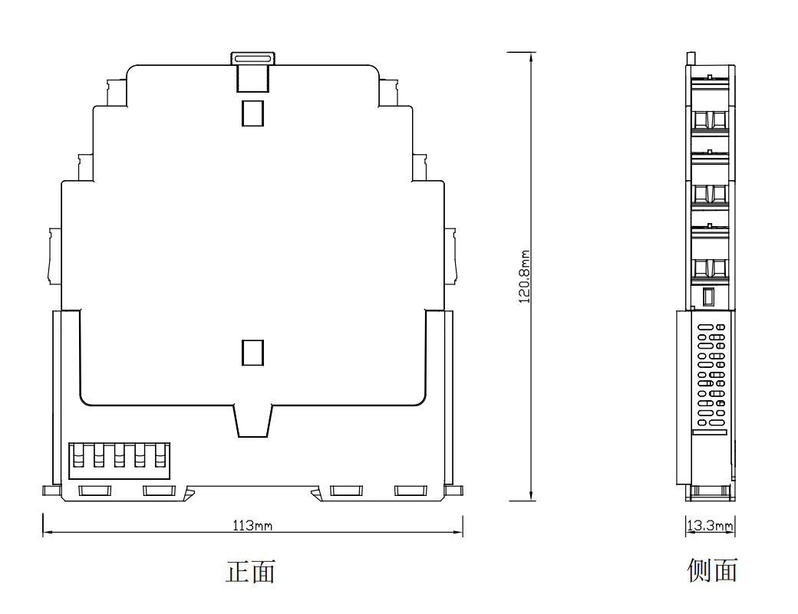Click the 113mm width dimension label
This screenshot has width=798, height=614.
tap(252, 526)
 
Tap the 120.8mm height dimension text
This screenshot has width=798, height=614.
tap(524, 277)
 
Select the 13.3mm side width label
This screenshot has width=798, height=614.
tap(710, 526)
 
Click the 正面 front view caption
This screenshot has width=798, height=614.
tap(251, 572)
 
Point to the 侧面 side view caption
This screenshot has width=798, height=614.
tap(712, 570)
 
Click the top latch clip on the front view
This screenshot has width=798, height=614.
tap(252, 71)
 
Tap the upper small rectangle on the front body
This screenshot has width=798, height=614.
tap(252, 113)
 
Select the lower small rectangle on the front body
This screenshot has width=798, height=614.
tap(252, 353)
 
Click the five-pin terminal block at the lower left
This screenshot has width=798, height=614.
tap(119, 461)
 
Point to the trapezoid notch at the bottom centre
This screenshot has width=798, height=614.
tap(253, 421)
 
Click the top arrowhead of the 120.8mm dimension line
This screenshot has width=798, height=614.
tap(531, 57)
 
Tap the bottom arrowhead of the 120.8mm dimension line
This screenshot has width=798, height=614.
tap(531, 496)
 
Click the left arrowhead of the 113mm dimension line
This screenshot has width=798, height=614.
tap(48, 533)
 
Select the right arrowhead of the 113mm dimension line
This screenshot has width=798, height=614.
tap(457, 533)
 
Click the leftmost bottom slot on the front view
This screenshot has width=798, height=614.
tap(94, 491)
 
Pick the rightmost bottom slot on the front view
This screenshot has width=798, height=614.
tap(411, 491)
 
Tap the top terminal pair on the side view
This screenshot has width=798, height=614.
tap(711, 120)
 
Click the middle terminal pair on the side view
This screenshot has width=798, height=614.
tap(711, 194)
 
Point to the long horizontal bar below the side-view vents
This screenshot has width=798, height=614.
tap(710, 432)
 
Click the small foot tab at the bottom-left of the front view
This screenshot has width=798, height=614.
tap(51, 491)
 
